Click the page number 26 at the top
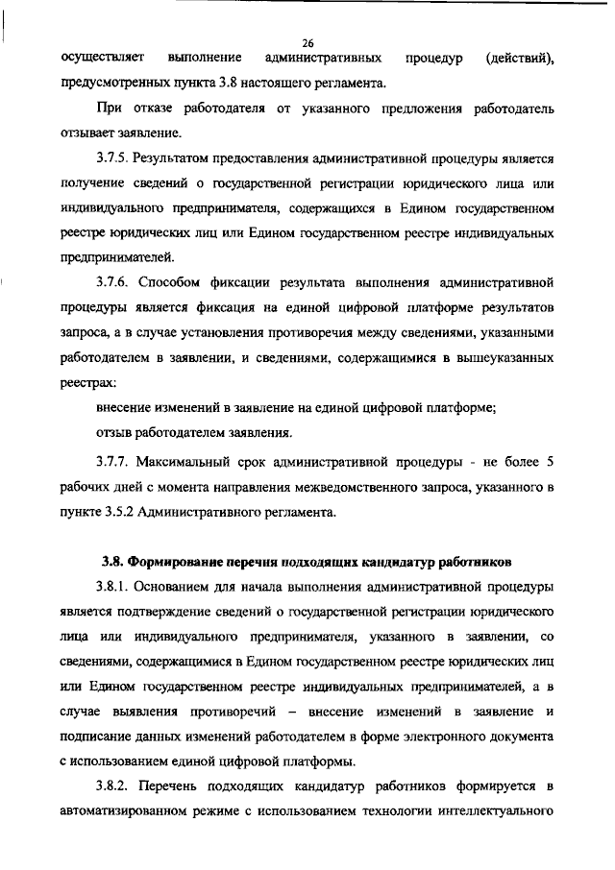click(x=307, y=42)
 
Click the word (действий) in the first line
click(x=520, y=59)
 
